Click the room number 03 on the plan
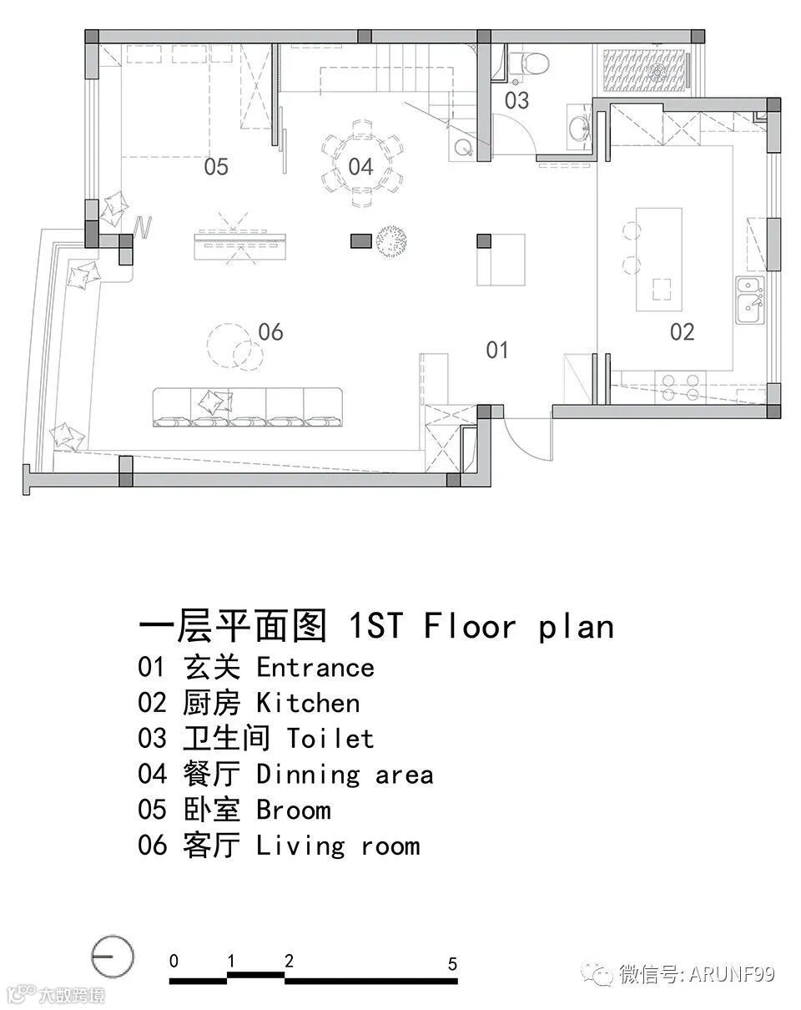click(x=516, y=100)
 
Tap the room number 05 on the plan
click(x=216, y=167)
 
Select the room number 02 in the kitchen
click(x=682, y=332)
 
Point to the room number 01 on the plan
click(x=497, y=350)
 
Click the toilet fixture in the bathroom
click(x=528, y=63)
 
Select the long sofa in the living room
click(x=248, y=407)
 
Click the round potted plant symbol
click(x=390, y=241)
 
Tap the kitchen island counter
click(x=659, y=260)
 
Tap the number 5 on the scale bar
click(x=452, y=964)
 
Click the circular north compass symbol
click(x=112, y=956)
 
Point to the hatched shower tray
click(x=644, y=69)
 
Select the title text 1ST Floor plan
click(x=481, y=626)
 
